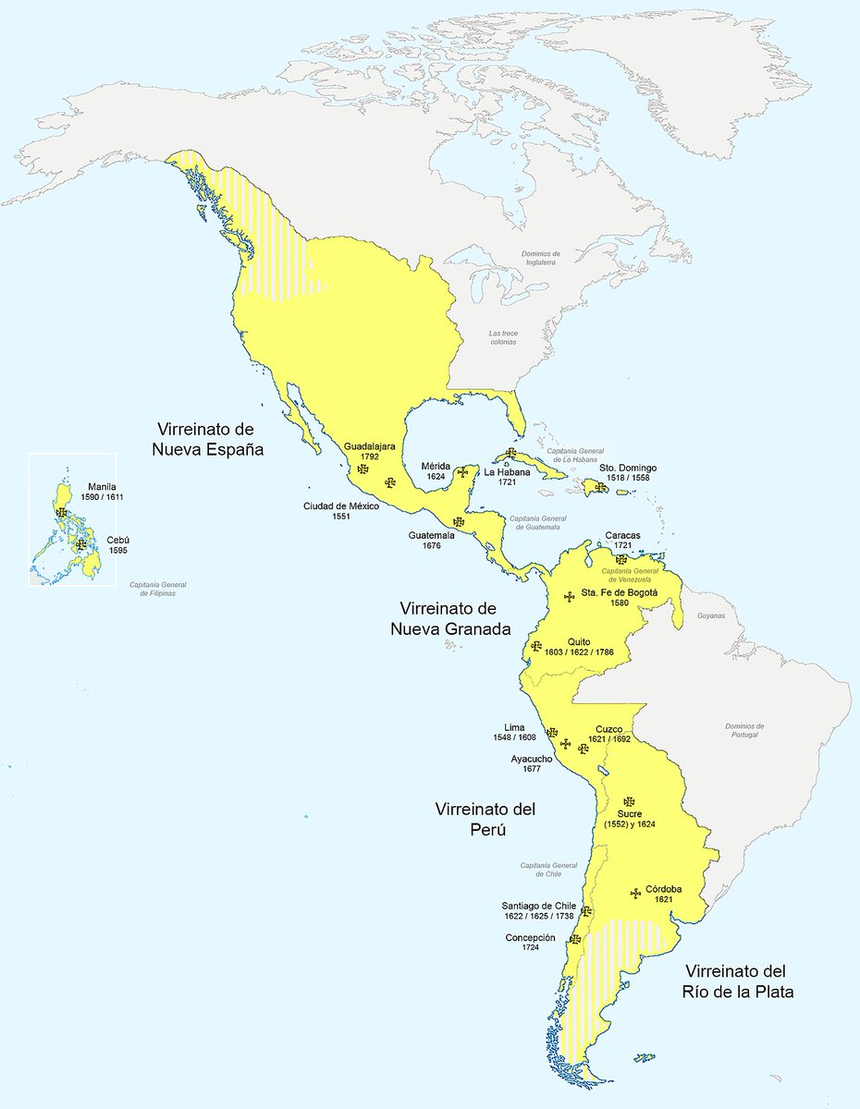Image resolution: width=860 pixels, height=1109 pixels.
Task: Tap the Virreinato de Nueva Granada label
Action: coord(449,619)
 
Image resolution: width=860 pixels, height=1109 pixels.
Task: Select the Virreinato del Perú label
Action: coord(485,819)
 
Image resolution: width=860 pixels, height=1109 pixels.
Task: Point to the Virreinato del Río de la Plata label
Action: coord(735,981)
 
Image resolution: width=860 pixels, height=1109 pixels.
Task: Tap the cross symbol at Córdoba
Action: coord(635,893)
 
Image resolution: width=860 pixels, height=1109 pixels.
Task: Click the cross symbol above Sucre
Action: coord(629,801)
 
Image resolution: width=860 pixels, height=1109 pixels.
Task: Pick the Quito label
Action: coord(580,640)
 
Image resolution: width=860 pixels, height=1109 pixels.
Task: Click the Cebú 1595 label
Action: coord(117,544)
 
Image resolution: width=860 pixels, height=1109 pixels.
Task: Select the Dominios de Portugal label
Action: coord(745,730)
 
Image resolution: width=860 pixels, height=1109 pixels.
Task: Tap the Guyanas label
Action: coord(711,615)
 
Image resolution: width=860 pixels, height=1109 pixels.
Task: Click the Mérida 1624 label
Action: coord(436,470)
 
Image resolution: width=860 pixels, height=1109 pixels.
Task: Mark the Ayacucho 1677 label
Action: coord(532,763)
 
